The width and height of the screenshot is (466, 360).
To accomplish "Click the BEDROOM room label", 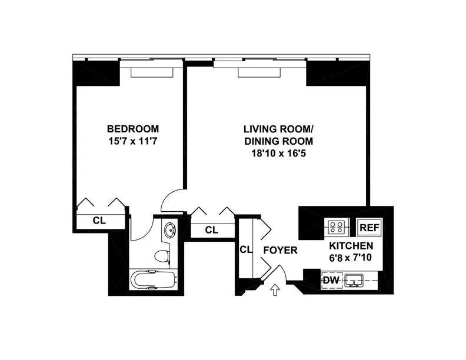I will click(x=132, y=129).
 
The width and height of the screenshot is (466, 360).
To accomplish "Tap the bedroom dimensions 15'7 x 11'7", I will click(x=132, y=141).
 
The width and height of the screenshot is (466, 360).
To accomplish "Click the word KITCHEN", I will click(x=350, y=245).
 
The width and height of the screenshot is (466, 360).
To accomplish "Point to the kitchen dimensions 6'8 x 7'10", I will click(x=350, y=258).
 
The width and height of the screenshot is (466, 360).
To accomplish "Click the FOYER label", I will click(x=280, y=250).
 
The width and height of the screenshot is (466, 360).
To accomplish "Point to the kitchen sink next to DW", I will click(x=355, y=280).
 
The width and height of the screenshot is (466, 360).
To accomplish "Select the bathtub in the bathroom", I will click(x=152, y=279).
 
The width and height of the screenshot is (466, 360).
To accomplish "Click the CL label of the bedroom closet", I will click(x=99, y=221).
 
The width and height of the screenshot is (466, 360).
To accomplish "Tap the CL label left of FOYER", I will click(x=246, y=249).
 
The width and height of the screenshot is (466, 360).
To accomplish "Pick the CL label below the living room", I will click(x=212, y=229).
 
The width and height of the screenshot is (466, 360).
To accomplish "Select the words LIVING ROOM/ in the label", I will click(x=278, y=129).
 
